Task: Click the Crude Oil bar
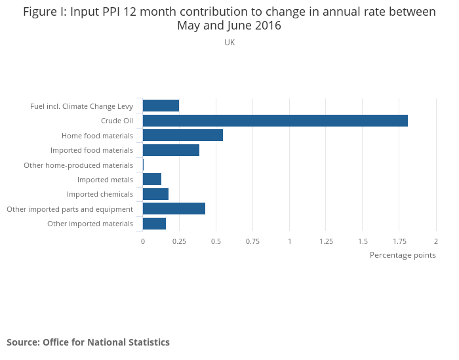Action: pos(275,121)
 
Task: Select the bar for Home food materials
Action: pos(182,135)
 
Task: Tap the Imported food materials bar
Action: pos(170,150)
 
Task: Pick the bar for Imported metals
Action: pos(151,179)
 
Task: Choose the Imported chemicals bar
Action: pos(155,194)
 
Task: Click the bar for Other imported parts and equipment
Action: pos(174,209)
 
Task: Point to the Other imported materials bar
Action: pos(154,224)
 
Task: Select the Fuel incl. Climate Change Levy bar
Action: pos(161,106)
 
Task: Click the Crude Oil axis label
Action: pos(117,121)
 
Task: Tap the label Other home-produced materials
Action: pos(78,165)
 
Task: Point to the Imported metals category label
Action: pos(105,180)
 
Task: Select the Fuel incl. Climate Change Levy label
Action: pos(81,106)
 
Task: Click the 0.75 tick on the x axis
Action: pos(252,241)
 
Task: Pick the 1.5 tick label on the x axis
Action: pos(363,241)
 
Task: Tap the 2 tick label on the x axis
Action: pos(435,241)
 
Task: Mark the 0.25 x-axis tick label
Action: pos(179,241)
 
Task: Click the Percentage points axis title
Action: pos(403,255)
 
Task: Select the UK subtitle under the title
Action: pos(229,43)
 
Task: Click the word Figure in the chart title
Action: pos(41,12)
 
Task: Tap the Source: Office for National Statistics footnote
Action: pos(88,342)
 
